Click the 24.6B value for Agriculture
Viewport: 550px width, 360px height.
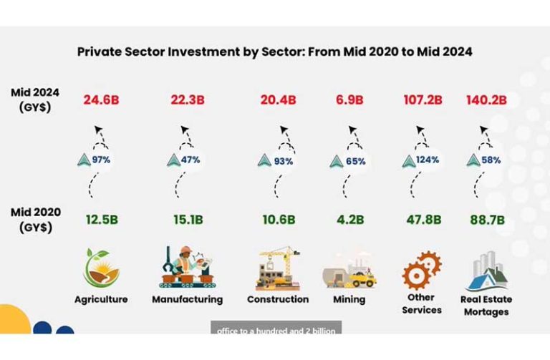tap(101, 100)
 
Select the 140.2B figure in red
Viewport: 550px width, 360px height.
tap(486, 100)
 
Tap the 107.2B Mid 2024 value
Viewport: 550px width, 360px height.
tap(423, 100)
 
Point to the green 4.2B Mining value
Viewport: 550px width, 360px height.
tap(350, 220)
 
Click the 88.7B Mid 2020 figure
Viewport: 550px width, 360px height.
tap(487, 220)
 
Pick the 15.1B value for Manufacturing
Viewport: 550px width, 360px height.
tap(188, 220)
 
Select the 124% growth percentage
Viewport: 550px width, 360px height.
tap(428, 160)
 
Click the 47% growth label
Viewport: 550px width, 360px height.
tap(190, 160)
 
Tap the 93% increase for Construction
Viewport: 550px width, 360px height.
tap(284, 161)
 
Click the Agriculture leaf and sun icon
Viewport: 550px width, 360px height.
tap(102, 268)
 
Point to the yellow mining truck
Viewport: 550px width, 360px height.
tap(362, 278)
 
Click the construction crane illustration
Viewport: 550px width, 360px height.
tap(278, 268)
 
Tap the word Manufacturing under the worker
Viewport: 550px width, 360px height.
tap(188, 299)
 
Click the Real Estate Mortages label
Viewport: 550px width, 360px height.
tap(486, 306)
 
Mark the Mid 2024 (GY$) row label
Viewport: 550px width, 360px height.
tap(35, 100)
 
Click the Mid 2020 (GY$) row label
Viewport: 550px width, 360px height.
tap(36, 220)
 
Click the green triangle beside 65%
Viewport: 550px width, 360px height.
tap(337, 162)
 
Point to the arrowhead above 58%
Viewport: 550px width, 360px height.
tap(483, 130)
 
